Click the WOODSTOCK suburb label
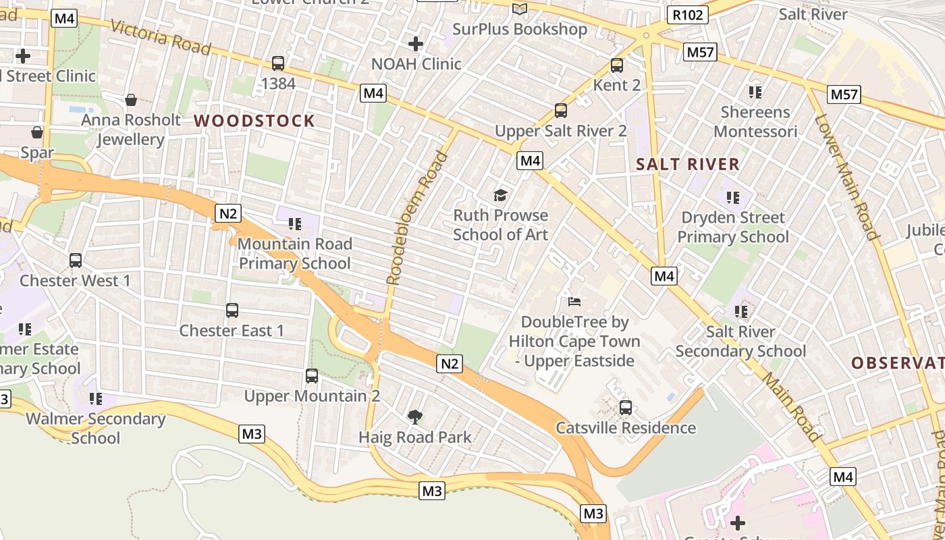(x=254, y=122)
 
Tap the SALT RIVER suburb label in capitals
(x=688, y=164)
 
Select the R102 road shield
(x=688, y=15)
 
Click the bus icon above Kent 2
(x=616, y=65)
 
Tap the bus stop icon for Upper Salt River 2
(x=560, y=111)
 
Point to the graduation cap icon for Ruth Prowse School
(x=500, y=196)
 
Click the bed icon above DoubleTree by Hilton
(x=574, y=301)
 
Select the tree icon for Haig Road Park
(x=415, y=417)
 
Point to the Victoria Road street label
(x=159, y=37)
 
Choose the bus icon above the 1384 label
(x=277, y=63)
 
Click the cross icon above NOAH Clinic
(x=416, y=45)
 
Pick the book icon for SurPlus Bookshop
(x=519, y=9)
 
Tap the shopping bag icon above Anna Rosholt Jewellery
(x=131, y=100)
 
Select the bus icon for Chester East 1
(x=232, y=310)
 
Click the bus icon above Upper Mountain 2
(x=311, y=376)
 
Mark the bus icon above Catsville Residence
(x=626, y=408)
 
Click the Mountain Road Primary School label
(x=295, y=253)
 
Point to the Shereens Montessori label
(x=755, y=122)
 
